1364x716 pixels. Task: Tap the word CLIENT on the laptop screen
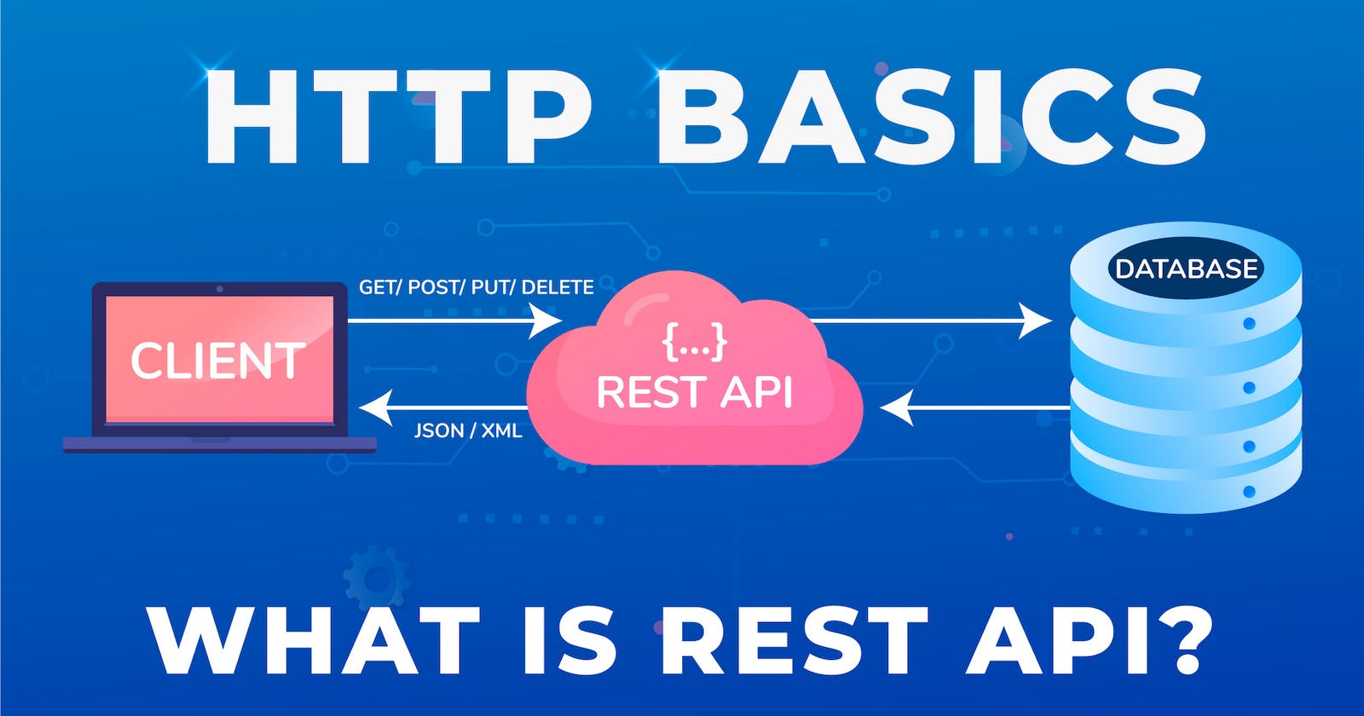tap(218, 361)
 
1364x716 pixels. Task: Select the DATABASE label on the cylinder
tap(1186, 269)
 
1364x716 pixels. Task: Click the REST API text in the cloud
tap(694, 392)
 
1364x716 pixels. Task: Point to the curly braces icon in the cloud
tap(695, 340)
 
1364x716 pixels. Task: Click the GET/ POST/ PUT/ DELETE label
tap(476, 287)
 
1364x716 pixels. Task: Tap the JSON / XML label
tap(468, 430)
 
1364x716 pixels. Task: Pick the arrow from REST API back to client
tap(443, 407)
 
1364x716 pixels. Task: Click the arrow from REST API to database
tap(929, 321)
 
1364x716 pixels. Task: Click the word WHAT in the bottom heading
tap(315, 641)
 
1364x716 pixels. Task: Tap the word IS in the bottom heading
tap(568, 641)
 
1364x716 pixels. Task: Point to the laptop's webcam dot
tap(220, 289)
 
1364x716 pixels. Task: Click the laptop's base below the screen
tap(220, 444)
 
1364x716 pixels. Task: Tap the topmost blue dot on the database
tap(1249, 324)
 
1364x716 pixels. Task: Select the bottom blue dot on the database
tap(1249, 492)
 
